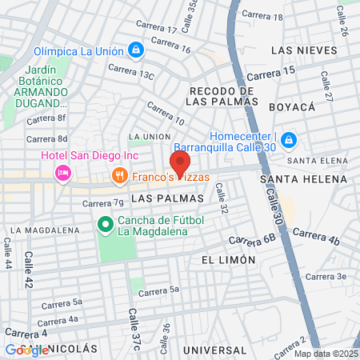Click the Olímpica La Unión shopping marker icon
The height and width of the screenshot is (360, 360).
[136, 50]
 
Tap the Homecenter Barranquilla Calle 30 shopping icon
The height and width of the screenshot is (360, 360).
[289, 142]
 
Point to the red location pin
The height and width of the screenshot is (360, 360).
[181, 164]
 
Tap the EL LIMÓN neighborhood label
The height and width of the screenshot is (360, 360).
[228, 260]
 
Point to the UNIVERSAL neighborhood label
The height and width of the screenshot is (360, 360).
[214, 350]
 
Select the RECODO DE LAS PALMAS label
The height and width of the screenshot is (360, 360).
[222, 94]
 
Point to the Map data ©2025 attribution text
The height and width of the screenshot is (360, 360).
[324, 354]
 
